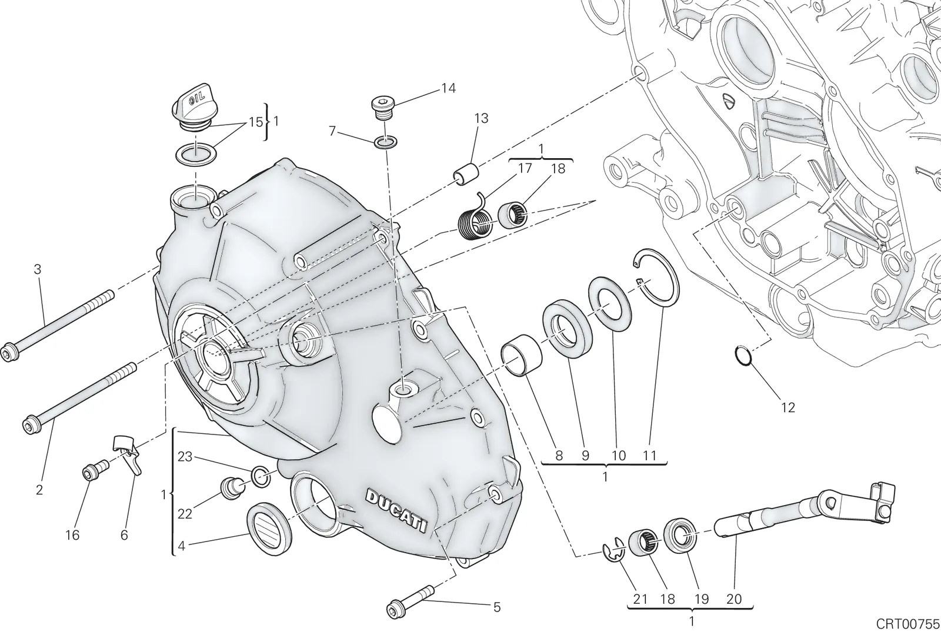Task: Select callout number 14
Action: coord(448,88)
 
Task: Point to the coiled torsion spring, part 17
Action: coord(475,218)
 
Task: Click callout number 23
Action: coord(185,456)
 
